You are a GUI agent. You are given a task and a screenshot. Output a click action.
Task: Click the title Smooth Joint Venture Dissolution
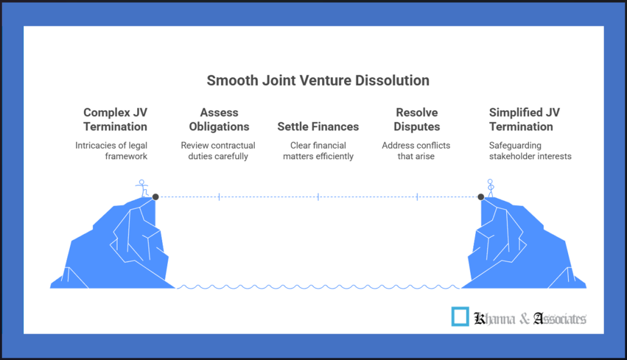click(x=318, y=80)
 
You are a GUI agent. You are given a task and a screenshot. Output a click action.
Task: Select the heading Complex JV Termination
click(x=115, y=119)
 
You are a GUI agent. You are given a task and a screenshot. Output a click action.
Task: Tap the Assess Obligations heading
click(x=219, y=119)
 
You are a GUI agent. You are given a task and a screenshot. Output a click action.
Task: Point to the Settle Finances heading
click(x=318, y=126)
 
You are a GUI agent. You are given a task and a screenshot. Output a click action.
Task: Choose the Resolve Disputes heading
click(x=416, y=119)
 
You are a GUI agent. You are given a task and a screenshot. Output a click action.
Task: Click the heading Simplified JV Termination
click(x=524, y=119)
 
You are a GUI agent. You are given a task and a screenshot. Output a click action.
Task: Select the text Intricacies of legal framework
click(x=111, y=151)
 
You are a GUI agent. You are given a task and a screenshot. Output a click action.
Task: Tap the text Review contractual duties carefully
click(x=218, y=151)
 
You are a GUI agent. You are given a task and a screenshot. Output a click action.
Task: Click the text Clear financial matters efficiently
click(x=318, y=151)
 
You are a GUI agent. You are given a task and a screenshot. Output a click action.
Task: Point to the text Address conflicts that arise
click(x=416, y=151)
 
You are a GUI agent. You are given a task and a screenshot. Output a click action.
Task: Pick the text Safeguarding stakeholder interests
click(x=530, y=151)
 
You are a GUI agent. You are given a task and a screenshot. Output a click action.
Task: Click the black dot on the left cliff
click(x=156, y=197)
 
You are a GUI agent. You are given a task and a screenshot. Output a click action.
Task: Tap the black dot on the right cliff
click(x=481, y=197)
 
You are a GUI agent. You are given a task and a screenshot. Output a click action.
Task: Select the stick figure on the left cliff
click(x=142, y=188)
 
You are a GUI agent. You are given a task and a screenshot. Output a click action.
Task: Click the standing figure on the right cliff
click(x=490, y=188)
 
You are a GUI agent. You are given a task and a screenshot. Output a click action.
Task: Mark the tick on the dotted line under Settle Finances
click(x=318, y=197)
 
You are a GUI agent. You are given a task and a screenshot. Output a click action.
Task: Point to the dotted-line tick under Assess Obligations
click(x=219, y=197)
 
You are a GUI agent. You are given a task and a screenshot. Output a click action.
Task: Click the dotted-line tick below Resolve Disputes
click(x=417, y=197)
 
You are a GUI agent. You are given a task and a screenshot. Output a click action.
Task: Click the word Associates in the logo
click(x=560, y=318)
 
